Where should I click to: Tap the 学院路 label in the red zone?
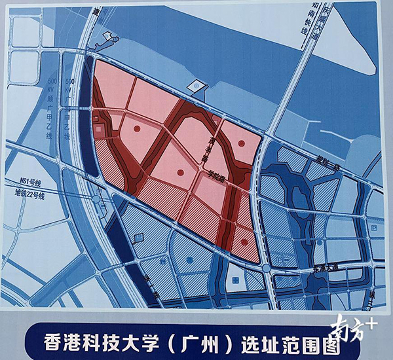(x=214, y=174)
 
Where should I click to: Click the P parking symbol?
(x=373, y=228)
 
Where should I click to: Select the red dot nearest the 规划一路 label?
(x=242, y=142)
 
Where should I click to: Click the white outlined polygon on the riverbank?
(x=196, y=85)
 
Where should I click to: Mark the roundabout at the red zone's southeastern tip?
(x=265, y=270)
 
